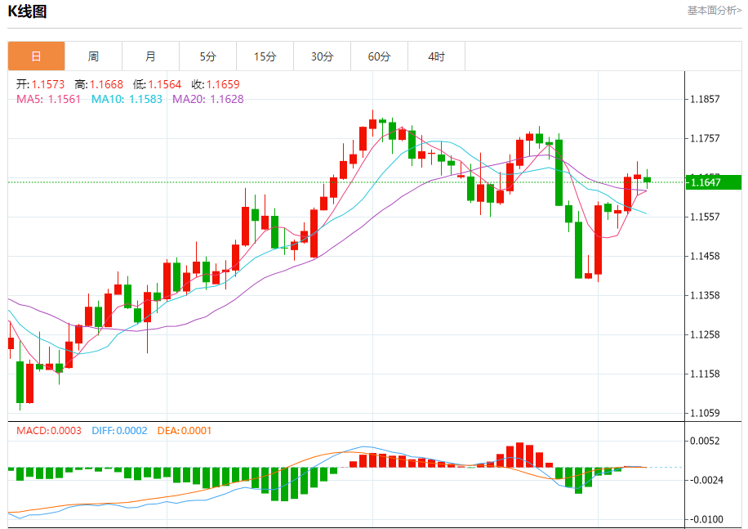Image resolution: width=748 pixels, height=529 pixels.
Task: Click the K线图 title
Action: (x=28, y=11)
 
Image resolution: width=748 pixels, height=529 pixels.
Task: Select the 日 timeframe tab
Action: (x=36, y=56)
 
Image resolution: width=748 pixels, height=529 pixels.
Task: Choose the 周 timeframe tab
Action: (x=93, y=56)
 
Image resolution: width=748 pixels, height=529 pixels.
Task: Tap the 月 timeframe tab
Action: (x=150, y=56)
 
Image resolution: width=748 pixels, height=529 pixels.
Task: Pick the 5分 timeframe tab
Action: (x=207, y=56)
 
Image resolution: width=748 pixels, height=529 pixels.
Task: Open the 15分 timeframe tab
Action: (x=265, y=56)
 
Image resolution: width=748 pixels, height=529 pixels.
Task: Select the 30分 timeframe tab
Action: (x=322, y=56)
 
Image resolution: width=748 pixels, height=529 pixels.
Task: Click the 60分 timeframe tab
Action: (x=379, y=56)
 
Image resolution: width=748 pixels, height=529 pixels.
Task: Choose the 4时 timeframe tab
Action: (x=436, y=56)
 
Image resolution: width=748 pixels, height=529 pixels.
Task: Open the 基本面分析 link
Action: (x=714, y=11)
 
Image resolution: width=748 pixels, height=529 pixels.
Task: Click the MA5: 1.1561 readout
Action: (x=48, y=99)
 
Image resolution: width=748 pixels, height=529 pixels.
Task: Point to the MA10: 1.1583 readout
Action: (x=127, y=99)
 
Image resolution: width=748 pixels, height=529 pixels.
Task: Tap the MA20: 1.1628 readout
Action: (x=207, y=99)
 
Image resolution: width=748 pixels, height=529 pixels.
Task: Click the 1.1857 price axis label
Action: (x=704, y=100)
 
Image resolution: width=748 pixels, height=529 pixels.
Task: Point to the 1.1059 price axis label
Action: (x=704, y=413)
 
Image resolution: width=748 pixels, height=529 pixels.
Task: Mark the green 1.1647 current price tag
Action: (x=713, y=182)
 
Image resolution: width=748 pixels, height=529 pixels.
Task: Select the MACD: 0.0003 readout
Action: (x=48, y=430)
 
